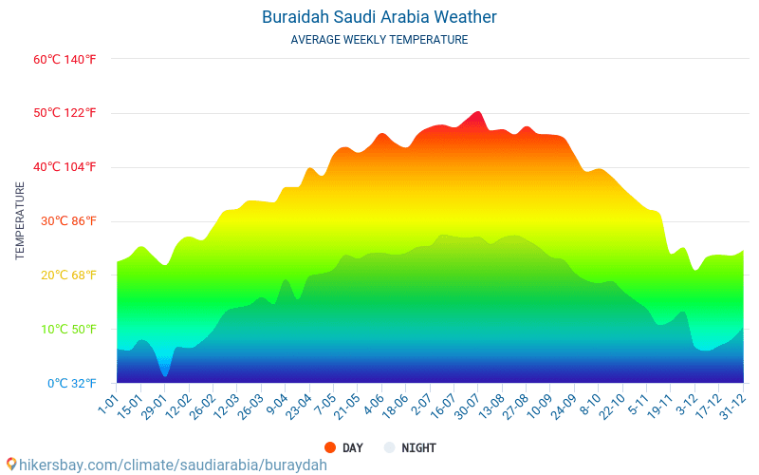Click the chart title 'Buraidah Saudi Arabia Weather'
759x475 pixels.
pos(379,17)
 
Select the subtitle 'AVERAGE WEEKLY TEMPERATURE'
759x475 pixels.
pos(379,40)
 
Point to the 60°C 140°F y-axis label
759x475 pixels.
pos(65,59)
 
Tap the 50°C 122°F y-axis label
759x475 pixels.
pos(65,113)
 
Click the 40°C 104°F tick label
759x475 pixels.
pos(65,167)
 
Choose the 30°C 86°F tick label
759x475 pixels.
pos(65,221)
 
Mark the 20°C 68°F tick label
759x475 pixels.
pos(65,275)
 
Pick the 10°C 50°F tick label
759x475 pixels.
pos(65,330)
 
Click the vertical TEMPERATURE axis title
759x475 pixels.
pos(20,221)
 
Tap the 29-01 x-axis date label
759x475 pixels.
pos(155,406)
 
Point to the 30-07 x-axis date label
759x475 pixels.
pos(466,406)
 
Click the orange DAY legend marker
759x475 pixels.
pos(330,447)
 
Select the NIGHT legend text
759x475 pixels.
pos(418,447)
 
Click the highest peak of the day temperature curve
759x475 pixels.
pos(477,112)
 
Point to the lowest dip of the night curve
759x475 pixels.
pos(165,376)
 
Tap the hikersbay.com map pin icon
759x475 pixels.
pos(11,465)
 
